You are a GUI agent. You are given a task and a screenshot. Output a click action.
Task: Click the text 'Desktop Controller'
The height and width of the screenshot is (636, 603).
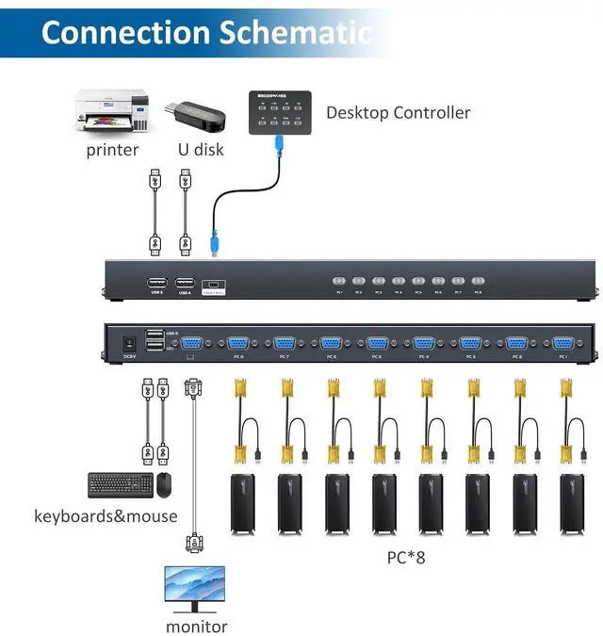(x=398, y=113)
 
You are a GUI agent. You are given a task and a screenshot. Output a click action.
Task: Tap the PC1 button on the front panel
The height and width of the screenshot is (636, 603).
(x=338, y=281)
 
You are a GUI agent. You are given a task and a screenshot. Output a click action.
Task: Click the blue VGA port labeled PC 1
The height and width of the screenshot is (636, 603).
(x=562, y=344)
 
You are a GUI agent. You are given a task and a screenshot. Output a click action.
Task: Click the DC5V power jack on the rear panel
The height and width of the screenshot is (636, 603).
(x=130, y=341)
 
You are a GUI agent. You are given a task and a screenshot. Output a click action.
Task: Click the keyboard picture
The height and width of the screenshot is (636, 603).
(x=120, y=485)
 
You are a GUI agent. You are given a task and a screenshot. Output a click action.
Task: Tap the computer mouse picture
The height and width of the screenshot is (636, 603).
(x=165, y=484)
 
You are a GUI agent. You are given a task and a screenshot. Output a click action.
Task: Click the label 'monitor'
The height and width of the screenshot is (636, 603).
(x=196, y=626)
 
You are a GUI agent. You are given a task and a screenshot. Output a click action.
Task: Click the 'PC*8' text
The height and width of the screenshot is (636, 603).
(x=406, y=557)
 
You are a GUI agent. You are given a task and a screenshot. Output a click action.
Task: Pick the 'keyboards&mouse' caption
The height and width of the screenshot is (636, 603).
(x=106, y=516)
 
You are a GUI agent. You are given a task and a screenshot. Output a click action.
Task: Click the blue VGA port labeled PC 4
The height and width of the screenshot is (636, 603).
(x=423, y=344)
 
